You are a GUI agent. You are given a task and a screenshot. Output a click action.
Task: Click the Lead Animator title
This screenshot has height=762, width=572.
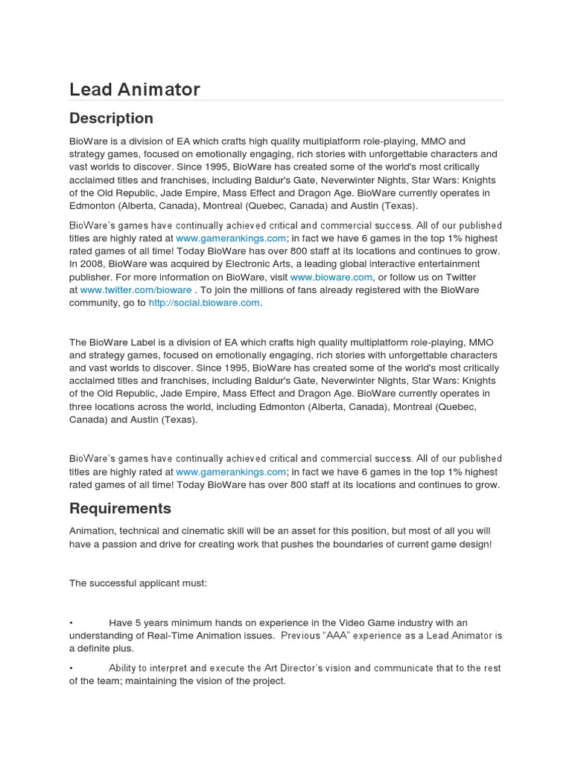(135, 89)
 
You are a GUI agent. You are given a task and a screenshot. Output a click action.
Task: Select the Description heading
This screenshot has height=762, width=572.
(111, 118)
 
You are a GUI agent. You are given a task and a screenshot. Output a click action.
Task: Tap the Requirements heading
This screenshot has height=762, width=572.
(120, 508)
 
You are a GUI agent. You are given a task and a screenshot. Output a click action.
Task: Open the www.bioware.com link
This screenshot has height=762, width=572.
(321, 277)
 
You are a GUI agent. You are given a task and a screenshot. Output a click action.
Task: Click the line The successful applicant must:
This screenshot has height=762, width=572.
(139, 583)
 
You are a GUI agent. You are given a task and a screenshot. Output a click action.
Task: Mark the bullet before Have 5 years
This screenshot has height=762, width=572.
(71, 622)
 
